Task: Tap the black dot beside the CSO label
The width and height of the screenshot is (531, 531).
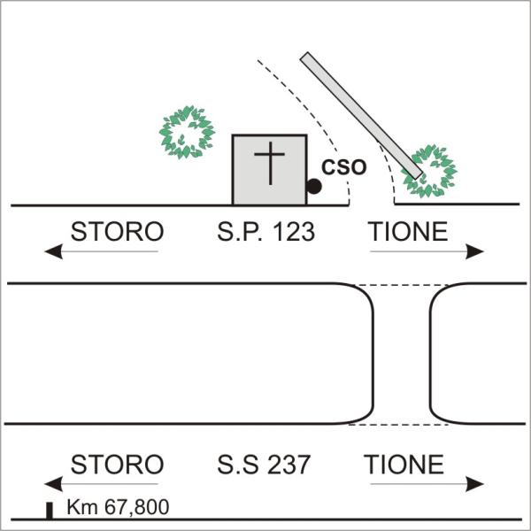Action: coord(313,186)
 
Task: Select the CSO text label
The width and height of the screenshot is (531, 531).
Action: coord(343,167)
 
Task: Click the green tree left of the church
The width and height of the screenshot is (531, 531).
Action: coord(187,132)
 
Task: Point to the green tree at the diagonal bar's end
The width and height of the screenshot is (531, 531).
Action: coord(429,171)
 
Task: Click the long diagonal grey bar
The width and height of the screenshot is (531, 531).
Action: coord(361,115)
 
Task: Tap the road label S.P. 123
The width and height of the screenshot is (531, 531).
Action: coord(265,232)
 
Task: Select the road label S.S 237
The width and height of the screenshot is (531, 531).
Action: coord(264,465)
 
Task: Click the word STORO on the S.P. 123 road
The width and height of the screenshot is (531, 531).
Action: coord(117,232)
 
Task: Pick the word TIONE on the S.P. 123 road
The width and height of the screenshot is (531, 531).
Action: coord(408,232)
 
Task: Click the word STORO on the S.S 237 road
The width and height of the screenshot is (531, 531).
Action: coord(117,465)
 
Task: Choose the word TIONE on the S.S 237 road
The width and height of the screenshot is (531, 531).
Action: coord(404,465)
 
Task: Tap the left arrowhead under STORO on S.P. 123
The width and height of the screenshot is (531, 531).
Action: coord(53,251)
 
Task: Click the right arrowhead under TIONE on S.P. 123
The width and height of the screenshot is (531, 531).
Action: coord(474,251)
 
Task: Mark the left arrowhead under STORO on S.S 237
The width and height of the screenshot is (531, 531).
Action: coord(53,484)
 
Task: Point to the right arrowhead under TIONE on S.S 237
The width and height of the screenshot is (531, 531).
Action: coord(474,484)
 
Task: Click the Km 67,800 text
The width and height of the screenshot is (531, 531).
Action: coord(118,507)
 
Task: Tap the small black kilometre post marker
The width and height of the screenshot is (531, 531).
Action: coord(50,511)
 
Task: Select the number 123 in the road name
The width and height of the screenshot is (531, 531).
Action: coord(294,232)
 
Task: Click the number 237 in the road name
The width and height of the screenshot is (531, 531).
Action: coord(289,465)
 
